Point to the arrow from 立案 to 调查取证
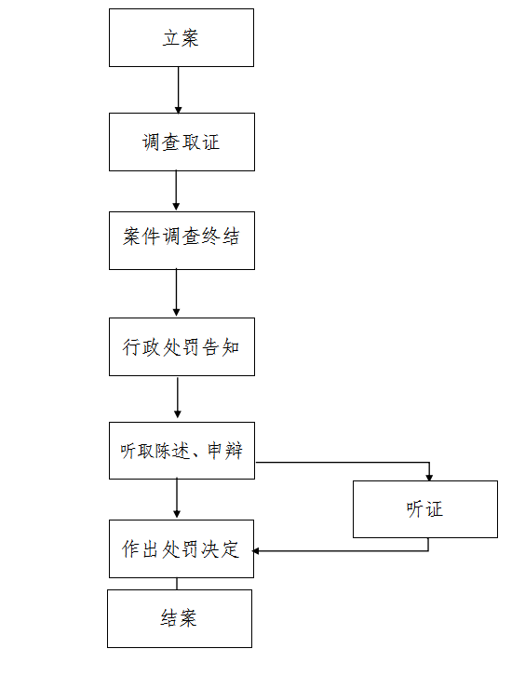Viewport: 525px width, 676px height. [x=178, y=90]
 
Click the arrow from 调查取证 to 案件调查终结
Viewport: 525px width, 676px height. [x=176, y=190]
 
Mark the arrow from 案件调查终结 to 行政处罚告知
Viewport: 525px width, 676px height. [x=176, y=292]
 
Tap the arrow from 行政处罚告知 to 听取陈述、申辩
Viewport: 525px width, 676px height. [x=177, y=398]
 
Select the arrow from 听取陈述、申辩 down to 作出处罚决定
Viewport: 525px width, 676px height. [x=177, y=498]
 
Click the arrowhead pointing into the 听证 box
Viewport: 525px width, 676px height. [x=429, y=478]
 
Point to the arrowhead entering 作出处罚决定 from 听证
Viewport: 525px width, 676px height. [x=255, y=551]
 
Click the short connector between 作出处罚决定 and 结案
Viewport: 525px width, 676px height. [x=177, y=584]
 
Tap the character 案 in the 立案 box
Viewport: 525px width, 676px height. [x=190, y=38]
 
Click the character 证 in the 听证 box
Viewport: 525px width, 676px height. [x=434, y=509]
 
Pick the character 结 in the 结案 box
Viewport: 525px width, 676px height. [x=169, y=618]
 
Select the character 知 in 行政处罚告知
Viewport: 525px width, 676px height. [x=231, y=347]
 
